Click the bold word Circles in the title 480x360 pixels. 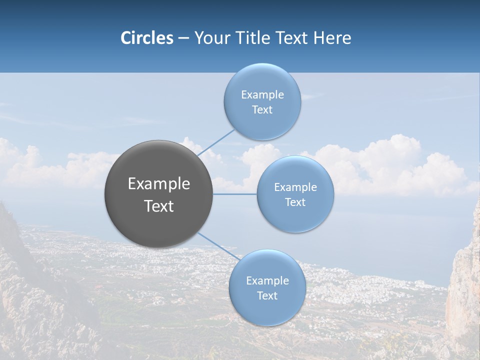click(146, 38)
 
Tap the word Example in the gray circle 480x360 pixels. click(159, 184)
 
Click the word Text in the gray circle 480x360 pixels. click(159, 206)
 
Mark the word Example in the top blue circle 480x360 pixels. click(262, 95)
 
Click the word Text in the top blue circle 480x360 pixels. click(262, 110)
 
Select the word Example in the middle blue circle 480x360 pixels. click(295, 187)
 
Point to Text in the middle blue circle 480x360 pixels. click(295, 202)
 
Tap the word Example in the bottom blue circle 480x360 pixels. click(267, 281)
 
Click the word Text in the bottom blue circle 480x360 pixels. click(267, 296)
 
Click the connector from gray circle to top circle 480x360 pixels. click(216, 142)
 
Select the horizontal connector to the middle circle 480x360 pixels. click(235, 193)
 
